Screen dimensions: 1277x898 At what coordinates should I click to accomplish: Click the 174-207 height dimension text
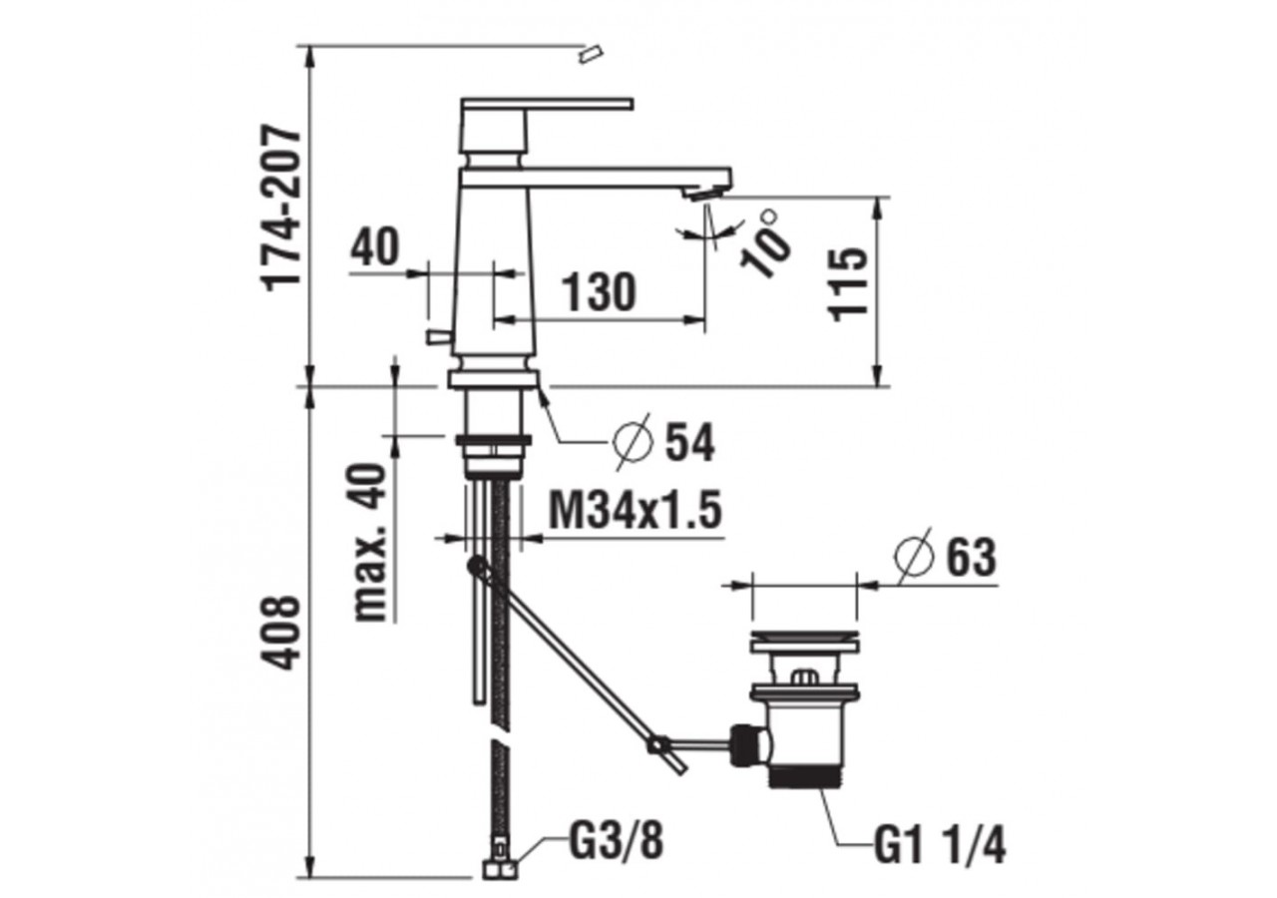[280, 209]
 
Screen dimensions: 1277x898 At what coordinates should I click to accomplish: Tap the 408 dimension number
[280, 633]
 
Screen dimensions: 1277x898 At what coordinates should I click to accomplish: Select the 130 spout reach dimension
[599, 291]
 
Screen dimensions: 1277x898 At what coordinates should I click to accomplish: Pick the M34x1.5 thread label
[636, 510]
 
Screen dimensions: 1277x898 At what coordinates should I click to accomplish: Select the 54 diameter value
[690, 443]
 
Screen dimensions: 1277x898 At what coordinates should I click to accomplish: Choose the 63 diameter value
[972, 557]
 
